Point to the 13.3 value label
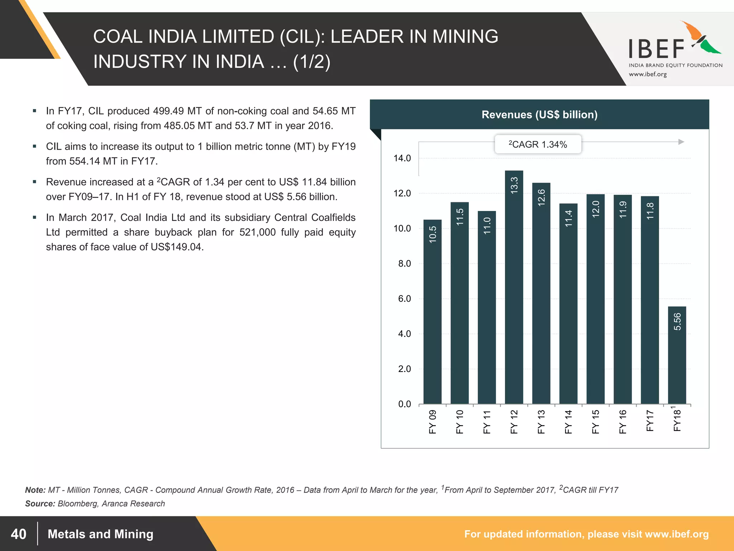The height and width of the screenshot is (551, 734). click(x=514, y=185)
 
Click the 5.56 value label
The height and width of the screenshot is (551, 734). click(x=677, y=321)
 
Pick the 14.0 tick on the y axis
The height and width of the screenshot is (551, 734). click(x=402, y=158)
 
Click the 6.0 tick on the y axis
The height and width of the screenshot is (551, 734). click(x=404, y=299)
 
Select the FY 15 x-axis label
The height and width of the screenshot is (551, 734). click(x=596, y=422)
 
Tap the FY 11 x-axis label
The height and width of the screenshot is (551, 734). click(x=487, y=422)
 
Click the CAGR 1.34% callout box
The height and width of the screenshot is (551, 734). click(x=538, y=144)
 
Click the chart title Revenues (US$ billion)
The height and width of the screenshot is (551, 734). click(x=539, y=114)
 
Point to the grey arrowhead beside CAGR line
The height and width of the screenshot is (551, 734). click(x=681, y=142)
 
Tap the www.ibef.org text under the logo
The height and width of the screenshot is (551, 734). click(x=648, y=74)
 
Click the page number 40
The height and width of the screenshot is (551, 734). click(x=19, y=534)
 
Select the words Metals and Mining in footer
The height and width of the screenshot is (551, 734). click(x=100, y=534)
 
